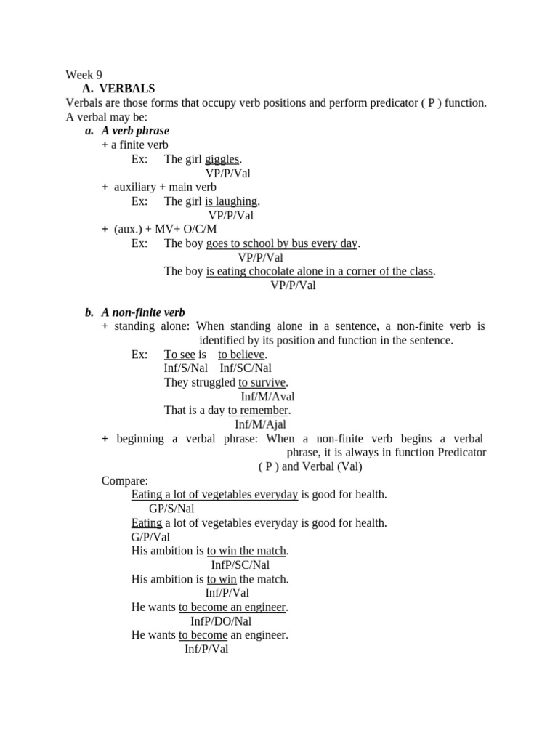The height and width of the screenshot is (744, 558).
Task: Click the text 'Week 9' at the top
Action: pyautogui.click(x=84, y=75)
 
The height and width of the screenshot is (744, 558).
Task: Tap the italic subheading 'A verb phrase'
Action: pyautogui.click(x=135, y=131)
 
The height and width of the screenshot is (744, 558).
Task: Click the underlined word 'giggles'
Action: pyautogui.click(x=222, y=159)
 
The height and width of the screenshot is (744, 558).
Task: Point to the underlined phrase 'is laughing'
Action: pyautogui.click(x=231, y=201)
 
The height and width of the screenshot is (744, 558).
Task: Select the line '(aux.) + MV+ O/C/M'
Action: pyautogui.click(x=165, y=229)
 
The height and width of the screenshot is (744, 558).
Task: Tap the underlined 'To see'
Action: pyautogui.click(x=179, y=355)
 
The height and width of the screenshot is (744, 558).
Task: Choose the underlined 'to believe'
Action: pyautogui.click(x=242, y=355)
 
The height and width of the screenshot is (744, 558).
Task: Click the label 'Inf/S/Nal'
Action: pyautogui.click(x=186, y=368)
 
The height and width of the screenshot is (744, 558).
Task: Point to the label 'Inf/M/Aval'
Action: pyautogui.click(x=267, y=397)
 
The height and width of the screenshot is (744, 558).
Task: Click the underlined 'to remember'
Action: pyautogui.click(x=258, y=411)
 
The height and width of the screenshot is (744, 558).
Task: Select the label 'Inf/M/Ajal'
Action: pyautogui.click(x=261, y=424)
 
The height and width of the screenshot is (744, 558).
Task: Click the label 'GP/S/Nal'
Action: pyautogui.click(x=171, y=509)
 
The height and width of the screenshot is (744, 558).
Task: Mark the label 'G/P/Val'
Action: pyautogui.click(x=150, y=537)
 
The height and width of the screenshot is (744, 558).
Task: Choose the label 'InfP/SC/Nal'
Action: pyautogui.click(x=240, y=565)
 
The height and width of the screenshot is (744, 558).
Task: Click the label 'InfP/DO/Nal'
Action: pyautogui.click(x=220, y=621)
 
